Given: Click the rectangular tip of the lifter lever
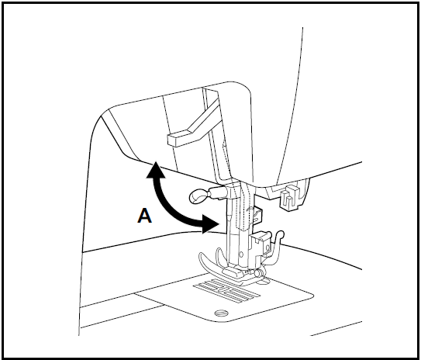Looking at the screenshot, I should click(178, 137).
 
